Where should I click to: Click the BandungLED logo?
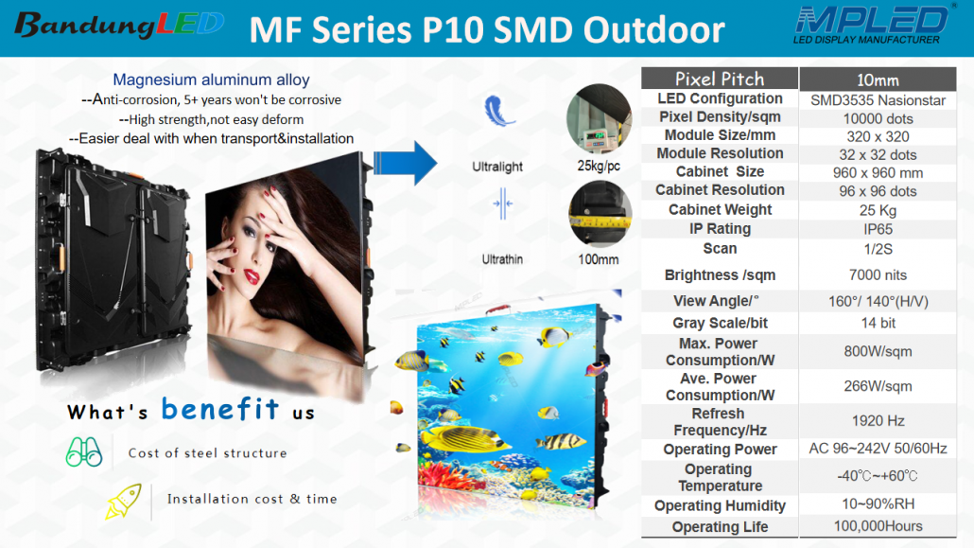[118, 25]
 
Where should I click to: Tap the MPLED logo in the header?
[872, 25]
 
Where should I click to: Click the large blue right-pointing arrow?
[405, 163]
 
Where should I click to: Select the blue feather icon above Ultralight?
[498, 112]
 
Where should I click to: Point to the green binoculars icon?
[84, 451]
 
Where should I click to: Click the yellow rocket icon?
[123, 501]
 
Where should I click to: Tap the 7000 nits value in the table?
[878, 274]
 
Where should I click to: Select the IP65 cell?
[878, 229]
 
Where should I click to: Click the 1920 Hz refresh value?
[878, 421]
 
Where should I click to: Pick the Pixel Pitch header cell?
[720, 79]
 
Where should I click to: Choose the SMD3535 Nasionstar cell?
[878, 100]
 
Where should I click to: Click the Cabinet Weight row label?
[720, 209]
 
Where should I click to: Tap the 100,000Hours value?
[878, 526]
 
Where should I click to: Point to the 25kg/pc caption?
[599, 166]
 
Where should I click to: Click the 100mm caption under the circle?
[599, 259]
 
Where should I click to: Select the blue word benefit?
[220, 409]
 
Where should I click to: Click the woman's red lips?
[252, 276]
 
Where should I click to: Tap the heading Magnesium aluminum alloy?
[211, 80]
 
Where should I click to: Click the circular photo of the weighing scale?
[599, 119]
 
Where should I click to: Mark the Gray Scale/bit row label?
[720, 323]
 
